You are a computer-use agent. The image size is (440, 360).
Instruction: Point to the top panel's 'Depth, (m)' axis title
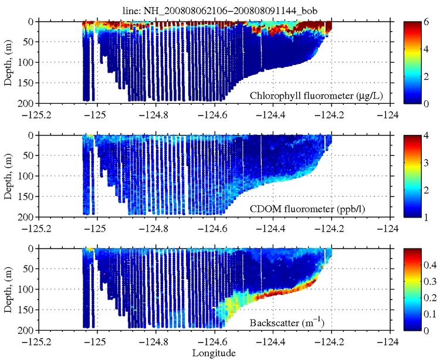(x=9, y=62)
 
